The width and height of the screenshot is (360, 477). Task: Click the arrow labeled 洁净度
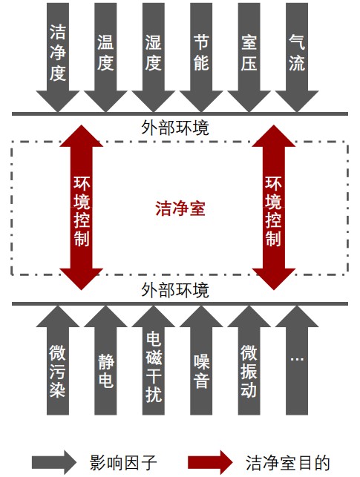click(58, 58)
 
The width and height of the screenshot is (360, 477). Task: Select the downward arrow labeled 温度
click(105, 58)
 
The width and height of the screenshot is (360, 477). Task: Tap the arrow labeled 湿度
click(154, 58)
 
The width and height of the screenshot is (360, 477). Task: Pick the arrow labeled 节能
click(201, 58)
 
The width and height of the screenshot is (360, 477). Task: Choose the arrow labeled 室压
click(249, 58)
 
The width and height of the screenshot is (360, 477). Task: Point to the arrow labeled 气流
click(297, 58)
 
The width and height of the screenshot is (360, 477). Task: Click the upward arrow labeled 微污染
click(58, 361)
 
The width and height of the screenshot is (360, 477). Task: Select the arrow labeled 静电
click(105, 361)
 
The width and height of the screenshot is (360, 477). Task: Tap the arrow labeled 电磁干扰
click(154, 361)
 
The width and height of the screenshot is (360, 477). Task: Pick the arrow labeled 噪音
click(201, 361)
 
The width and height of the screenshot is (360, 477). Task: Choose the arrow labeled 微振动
click(249, 361)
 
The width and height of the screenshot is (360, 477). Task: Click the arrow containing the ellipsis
click(297, 361)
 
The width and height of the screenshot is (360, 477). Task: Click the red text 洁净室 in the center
click(180, 208)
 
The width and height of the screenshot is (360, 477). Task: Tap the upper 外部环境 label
click(175, 128)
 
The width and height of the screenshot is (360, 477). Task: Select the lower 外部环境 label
click(175, 290)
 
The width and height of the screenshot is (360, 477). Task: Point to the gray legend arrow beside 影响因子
click(54, 462)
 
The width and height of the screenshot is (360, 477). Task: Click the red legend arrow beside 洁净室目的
click(210, 462)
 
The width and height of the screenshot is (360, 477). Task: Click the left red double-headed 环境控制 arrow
click(81, 208)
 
